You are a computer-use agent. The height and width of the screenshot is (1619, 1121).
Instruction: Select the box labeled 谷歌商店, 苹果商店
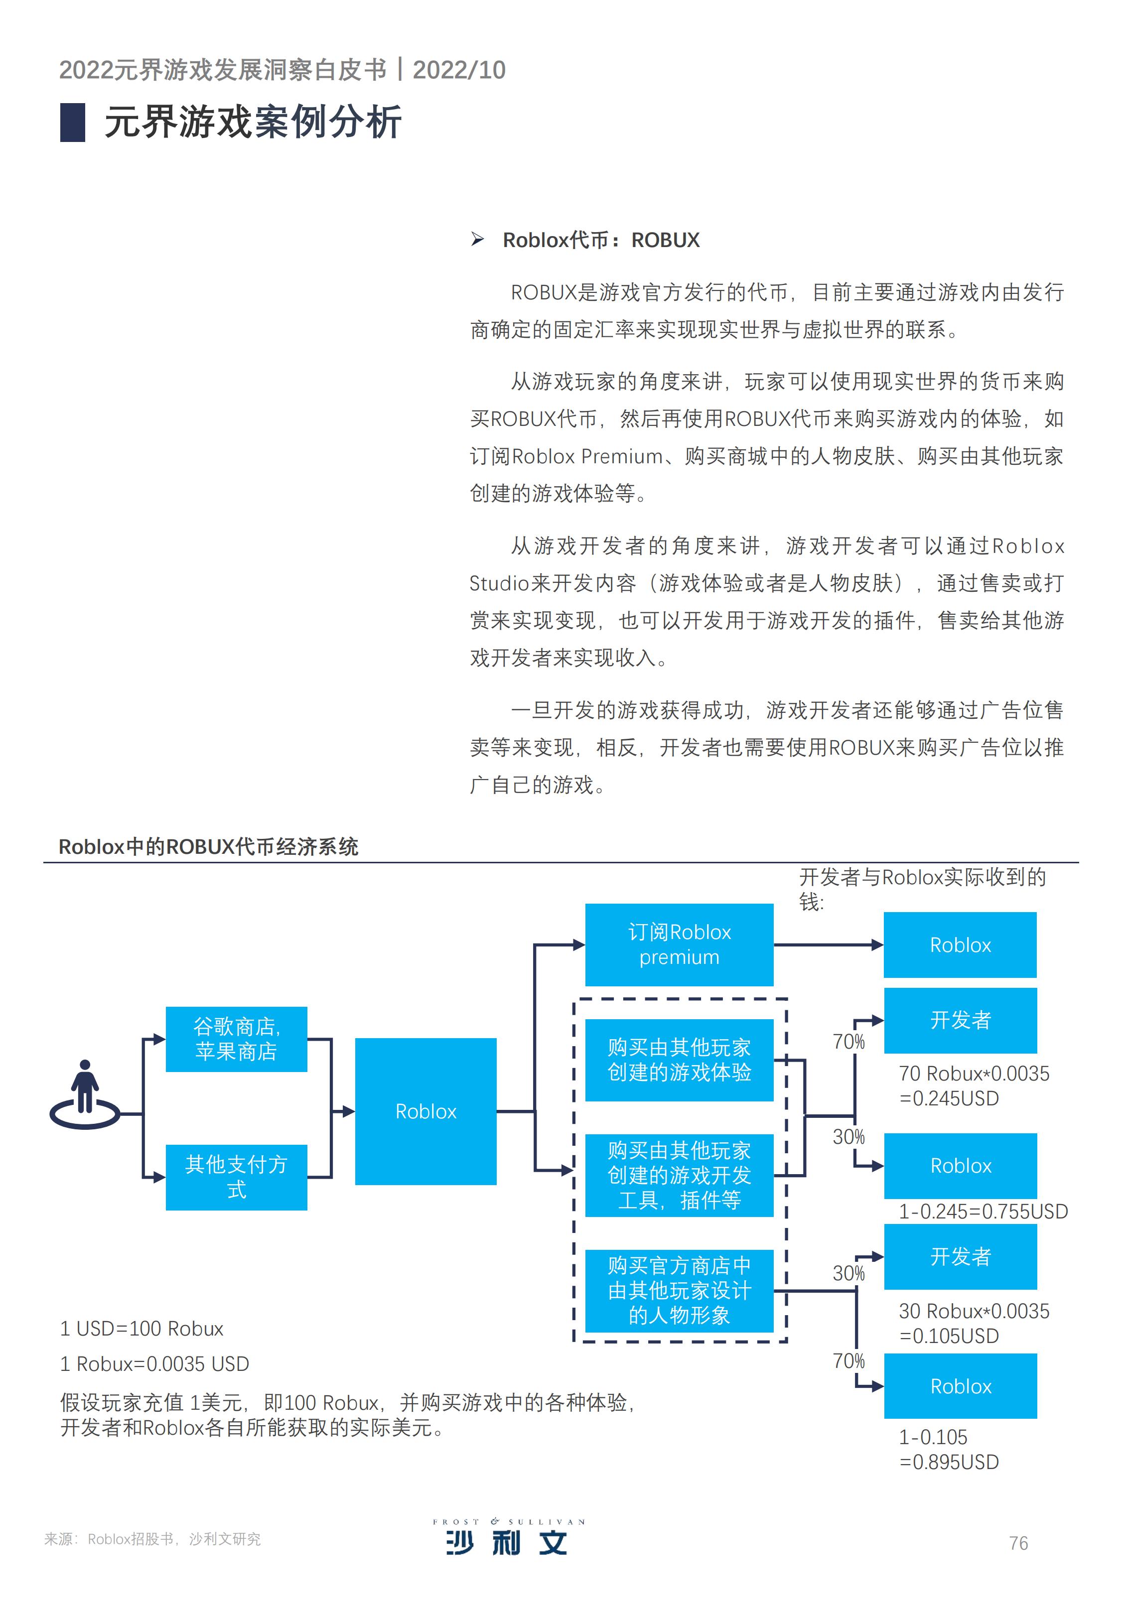[236, 1039]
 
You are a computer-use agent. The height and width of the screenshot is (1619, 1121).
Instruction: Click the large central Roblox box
[425, 1111]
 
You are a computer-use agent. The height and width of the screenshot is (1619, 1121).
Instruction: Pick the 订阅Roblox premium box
[679, 945]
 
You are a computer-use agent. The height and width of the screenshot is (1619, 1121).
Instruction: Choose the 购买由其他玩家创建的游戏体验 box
[679, 1060]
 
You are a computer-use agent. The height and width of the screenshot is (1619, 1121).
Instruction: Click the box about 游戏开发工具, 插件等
[679, 1175]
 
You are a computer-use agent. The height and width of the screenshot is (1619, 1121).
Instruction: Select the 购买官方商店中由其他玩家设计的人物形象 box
[679, 1290]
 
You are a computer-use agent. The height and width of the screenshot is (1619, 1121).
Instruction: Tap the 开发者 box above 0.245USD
[960, 1020]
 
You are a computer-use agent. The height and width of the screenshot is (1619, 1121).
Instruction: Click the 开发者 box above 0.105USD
[960, 1257]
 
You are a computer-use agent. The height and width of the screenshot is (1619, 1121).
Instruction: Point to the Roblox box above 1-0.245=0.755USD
[960, 1166]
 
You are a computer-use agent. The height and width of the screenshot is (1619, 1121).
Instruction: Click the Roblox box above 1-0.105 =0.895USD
[960, 1386]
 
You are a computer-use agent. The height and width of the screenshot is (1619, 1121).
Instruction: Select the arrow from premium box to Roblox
[829, 945]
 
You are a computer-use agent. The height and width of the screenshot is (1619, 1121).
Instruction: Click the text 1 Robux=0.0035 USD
[154, 1364]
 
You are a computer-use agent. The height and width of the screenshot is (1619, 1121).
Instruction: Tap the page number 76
[1018, 1543]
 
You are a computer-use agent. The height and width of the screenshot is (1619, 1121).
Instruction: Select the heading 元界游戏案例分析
[253, 122]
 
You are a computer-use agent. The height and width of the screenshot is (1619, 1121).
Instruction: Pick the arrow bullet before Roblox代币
[478, 240]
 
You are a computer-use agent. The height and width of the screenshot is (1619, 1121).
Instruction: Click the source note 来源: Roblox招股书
[152, 1539]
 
